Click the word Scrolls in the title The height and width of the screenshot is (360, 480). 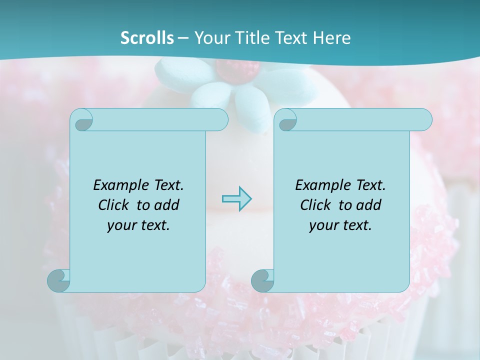(147, 38)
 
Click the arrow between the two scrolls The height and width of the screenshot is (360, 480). (236, 199)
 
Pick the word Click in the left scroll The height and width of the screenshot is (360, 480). (115, 205)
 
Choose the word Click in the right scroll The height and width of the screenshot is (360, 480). (317, 205)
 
